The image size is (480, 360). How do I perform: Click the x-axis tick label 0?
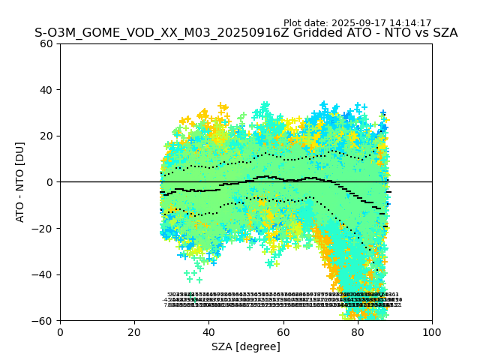click(60, 332)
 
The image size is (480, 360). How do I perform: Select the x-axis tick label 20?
click(134, 332)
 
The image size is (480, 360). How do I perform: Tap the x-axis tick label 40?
click(208, 332)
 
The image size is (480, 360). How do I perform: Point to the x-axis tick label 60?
click(283, 332)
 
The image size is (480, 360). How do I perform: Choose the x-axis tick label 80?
click(357, 332)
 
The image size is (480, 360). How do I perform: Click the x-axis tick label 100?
click(431, 332)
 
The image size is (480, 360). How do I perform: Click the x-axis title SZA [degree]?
click(246, 346)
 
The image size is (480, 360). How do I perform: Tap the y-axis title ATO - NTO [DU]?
click(20, 181)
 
